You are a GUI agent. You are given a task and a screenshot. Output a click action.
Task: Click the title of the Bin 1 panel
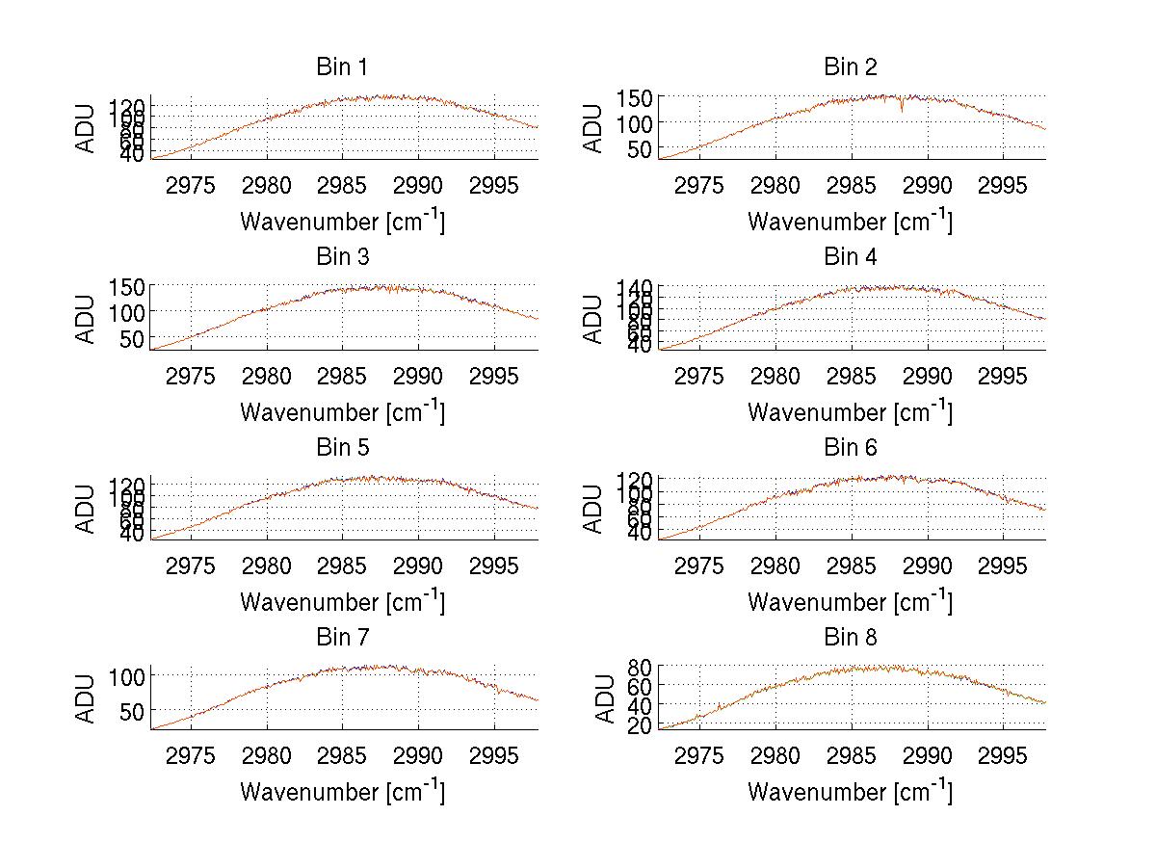[x=341, y=67]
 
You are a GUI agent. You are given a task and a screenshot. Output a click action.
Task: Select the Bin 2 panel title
[x=850, y=67]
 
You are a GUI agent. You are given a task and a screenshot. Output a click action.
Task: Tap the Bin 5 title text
[x=341, y=448]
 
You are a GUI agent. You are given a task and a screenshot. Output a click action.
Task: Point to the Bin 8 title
[x=850, y=638]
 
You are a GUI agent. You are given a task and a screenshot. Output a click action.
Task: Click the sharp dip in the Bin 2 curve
[x=902, y=110]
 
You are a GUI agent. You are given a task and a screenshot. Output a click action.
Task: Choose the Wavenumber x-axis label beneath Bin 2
[x=850, y=221]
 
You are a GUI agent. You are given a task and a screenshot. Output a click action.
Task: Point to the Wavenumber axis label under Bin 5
[x=342, y=601]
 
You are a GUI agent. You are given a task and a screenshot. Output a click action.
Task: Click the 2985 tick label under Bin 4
[x=851, y=374]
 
